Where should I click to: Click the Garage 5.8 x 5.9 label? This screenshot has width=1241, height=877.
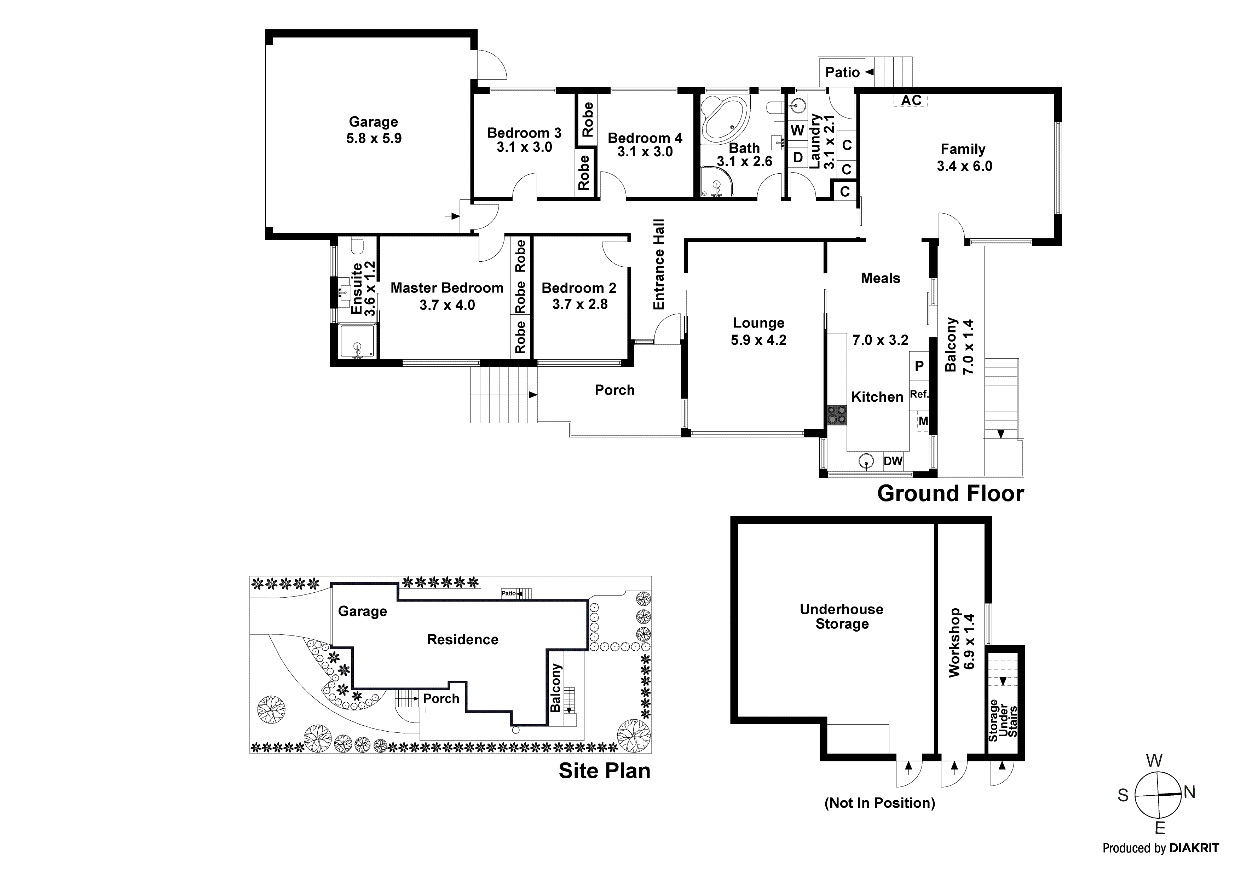(x=374, y=130)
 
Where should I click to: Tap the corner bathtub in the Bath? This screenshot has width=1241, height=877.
(x=724, y=121)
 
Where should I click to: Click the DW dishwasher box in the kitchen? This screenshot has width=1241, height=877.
(x=893, y=461)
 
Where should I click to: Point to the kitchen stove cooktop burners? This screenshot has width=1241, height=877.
(x=837, y=415)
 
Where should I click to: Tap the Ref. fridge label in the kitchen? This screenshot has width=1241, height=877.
(x=919, y=394)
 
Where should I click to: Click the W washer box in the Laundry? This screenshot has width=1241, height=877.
(x=797, y=131)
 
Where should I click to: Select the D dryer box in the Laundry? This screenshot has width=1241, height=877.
(x=797, y=158)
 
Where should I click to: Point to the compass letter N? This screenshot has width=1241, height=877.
(x=1189, y=792)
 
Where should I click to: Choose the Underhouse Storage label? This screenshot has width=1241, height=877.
(x=842, y=616)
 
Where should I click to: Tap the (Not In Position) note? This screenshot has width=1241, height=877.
(x=879, y=803)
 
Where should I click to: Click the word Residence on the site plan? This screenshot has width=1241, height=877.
(x=463, y=640)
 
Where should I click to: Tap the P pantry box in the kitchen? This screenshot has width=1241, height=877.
(x=919, y=366)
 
